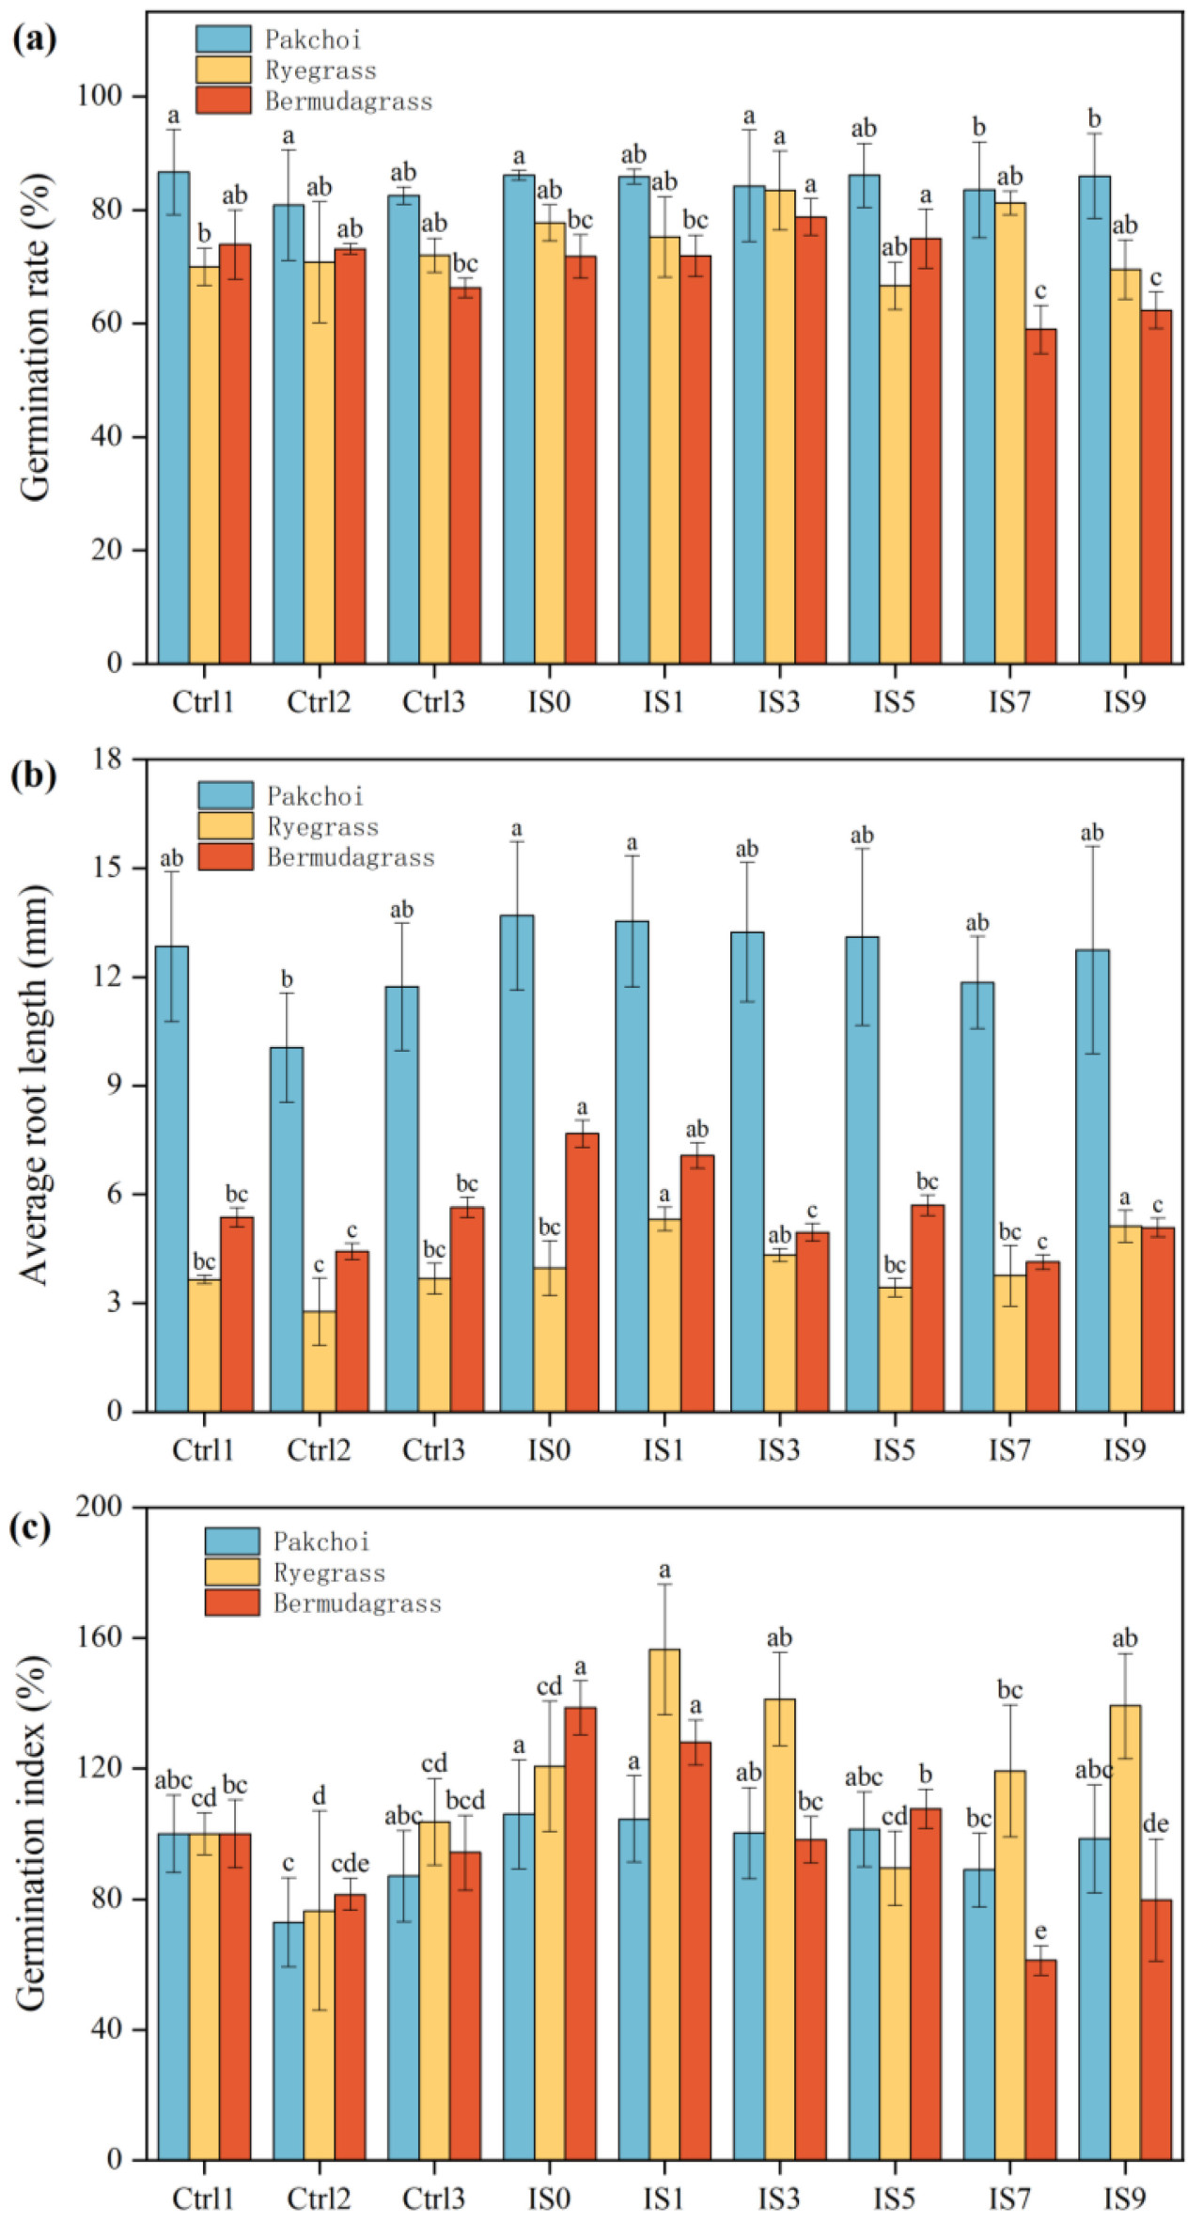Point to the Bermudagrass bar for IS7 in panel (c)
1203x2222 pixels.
[x=1040, y=2058]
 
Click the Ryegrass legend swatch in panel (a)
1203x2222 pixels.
[x=224, y=70]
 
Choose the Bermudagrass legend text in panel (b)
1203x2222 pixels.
[x=351, y=857]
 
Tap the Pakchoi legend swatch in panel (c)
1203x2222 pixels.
[x=232, y=1541]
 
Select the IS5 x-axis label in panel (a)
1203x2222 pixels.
[x=894, y=701]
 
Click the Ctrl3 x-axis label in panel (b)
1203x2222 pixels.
[x=433, y=1449]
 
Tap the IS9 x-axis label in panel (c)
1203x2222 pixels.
[x=1124, y=2199]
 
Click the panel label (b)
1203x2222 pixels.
[x=34, y=776]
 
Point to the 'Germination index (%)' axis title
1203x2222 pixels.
[x=32, y=1833]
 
